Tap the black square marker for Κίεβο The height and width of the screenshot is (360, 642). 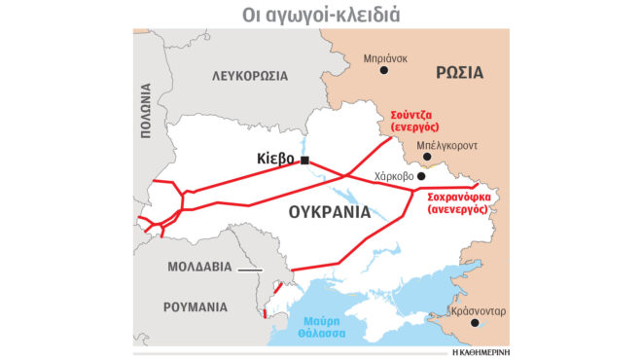(305, 160)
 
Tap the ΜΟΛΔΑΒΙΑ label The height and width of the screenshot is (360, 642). (199, 266)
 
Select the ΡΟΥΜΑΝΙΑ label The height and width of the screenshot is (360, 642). (196, 306)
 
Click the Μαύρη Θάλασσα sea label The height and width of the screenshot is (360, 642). (322, 326)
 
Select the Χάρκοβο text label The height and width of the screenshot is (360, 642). (394, 176)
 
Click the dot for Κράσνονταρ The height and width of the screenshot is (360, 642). (475, 324)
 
